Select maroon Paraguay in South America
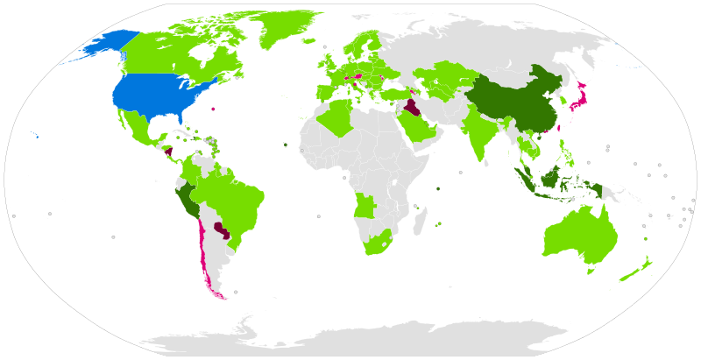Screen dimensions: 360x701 pos(220,231)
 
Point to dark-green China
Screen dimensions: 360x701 pos(517,96)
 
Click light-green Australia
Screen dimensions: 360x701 pos(578,236)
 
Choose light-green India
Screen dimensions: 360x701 pos(478,131)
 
